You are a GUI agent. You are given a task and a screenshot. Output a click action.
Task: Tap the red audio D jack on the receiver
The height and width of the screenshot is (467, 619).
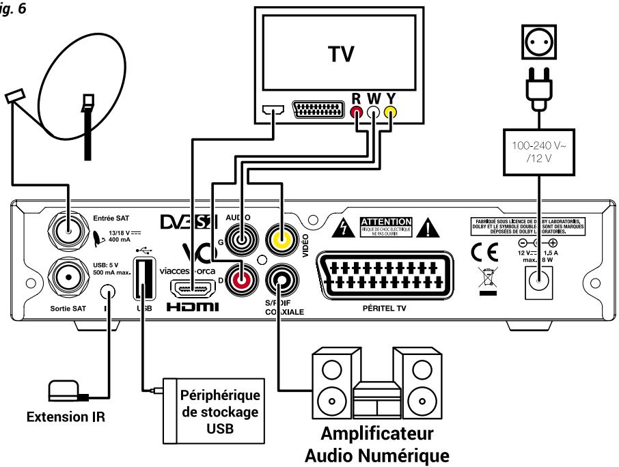(x=241, y=278)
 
